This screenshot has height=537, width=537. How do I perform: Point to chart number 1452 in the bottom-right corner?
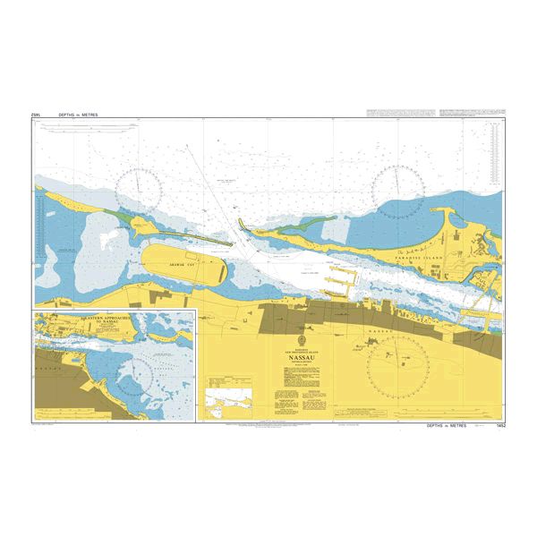(498, 429)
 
